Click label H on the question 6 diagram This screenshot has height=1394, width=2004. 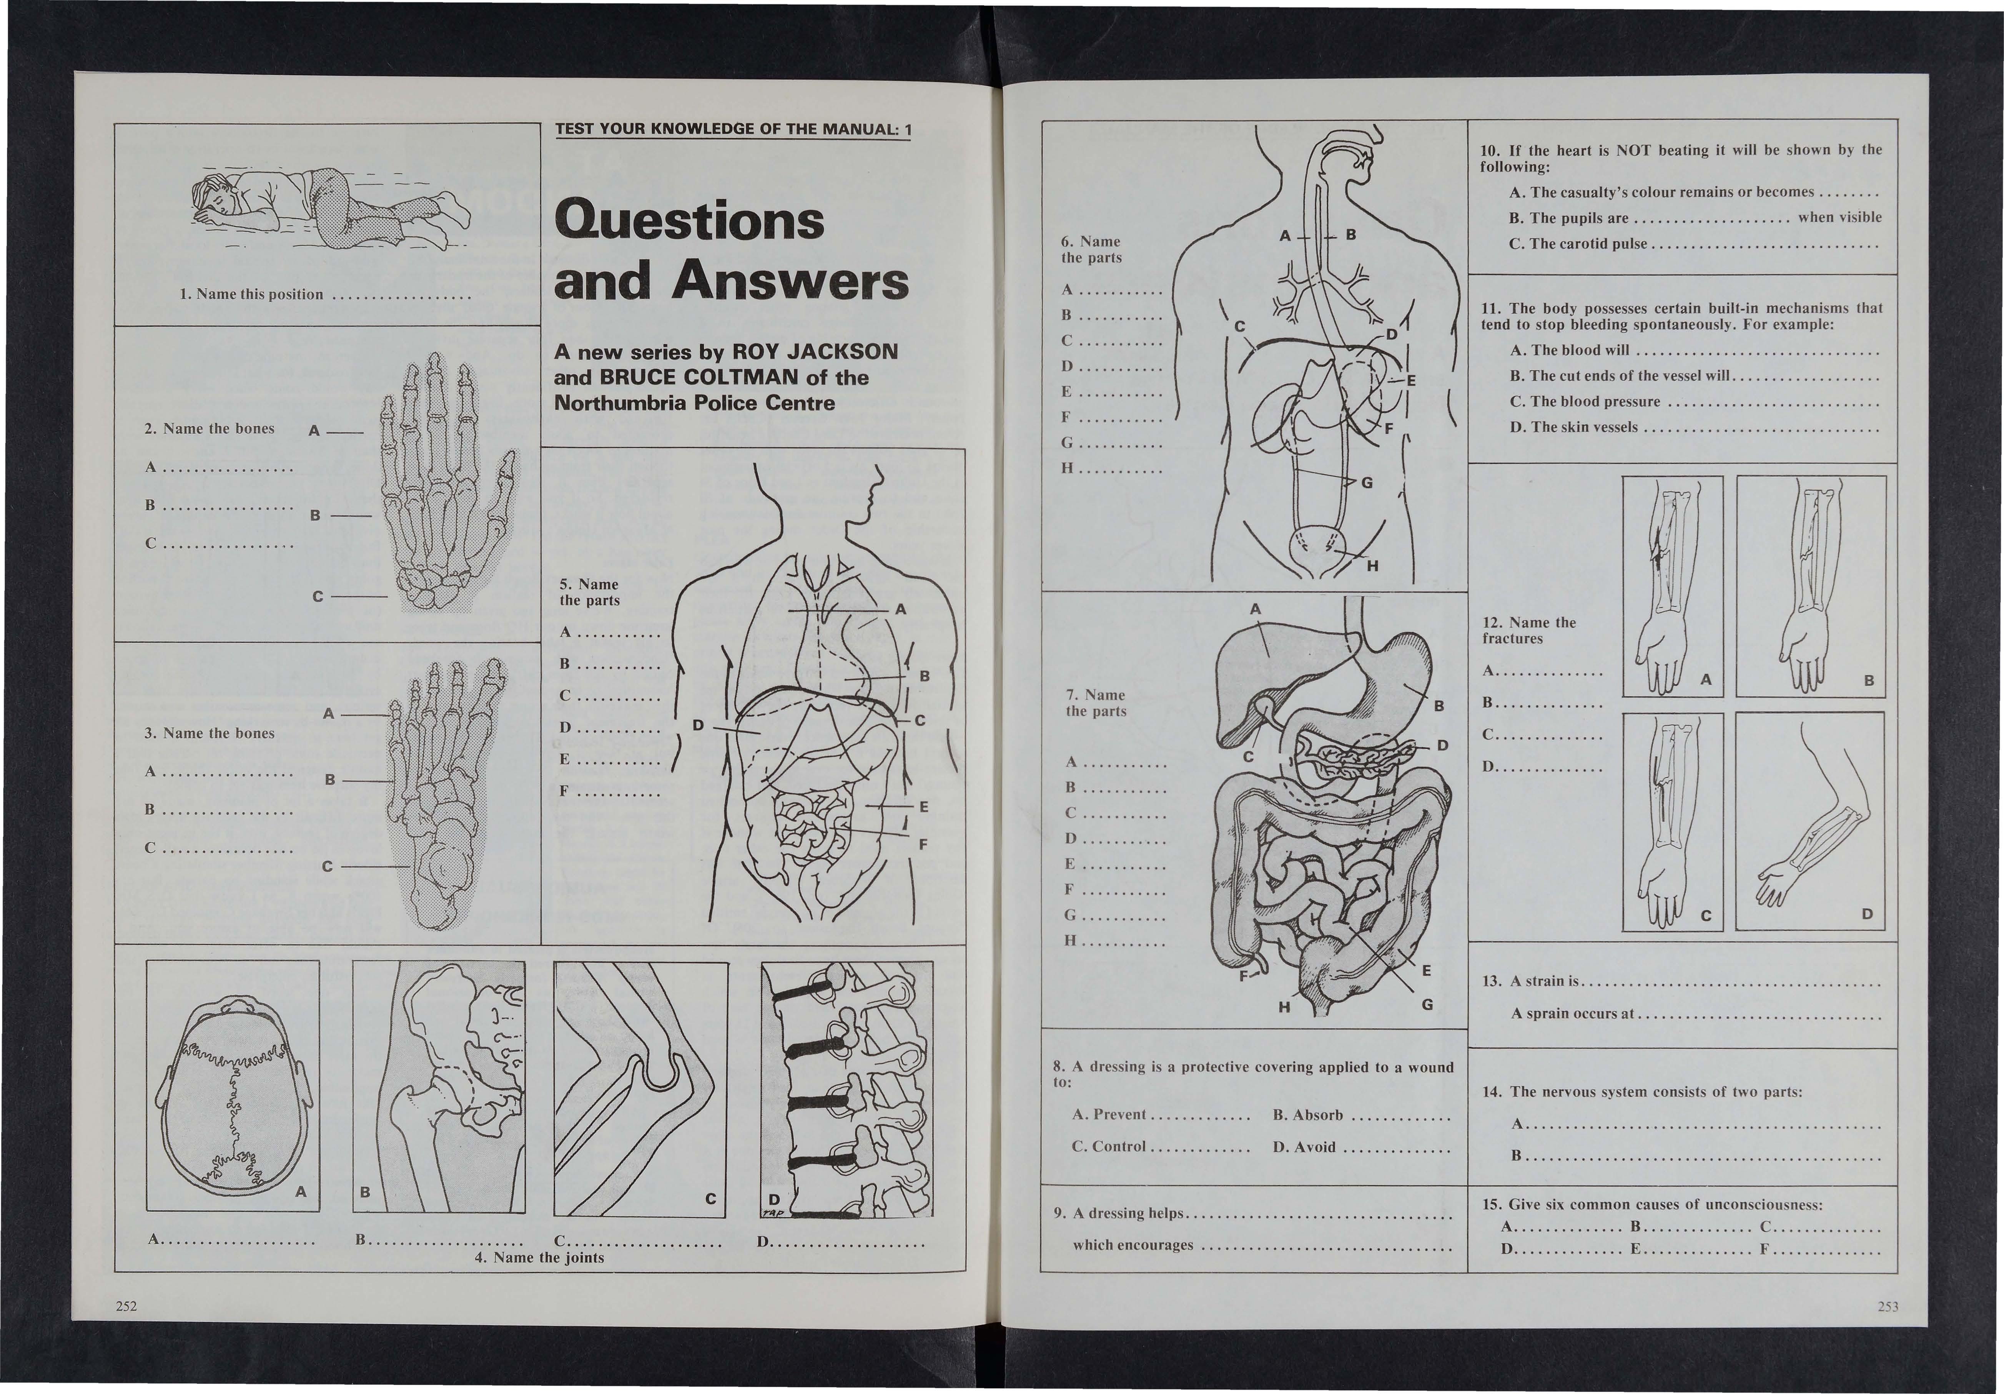point(1372,566)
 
